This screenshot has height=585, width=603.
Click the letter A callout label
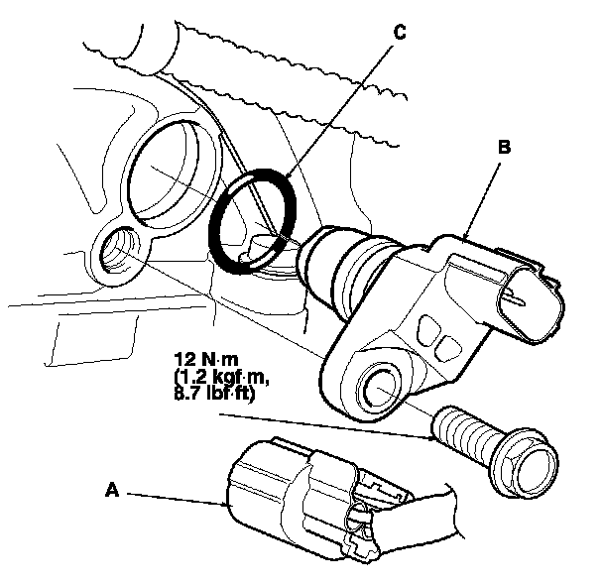[x=112, y=488]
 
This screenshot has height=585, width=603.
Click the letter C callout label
[x=400, y=32]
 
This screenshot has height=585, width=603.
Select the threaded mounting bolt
[x=466, y=432]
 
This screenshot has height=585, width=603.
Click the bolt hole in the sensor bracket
[x=382, y=382]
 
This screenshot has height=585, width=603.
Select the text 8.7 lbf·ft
[x=212, y=394]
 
